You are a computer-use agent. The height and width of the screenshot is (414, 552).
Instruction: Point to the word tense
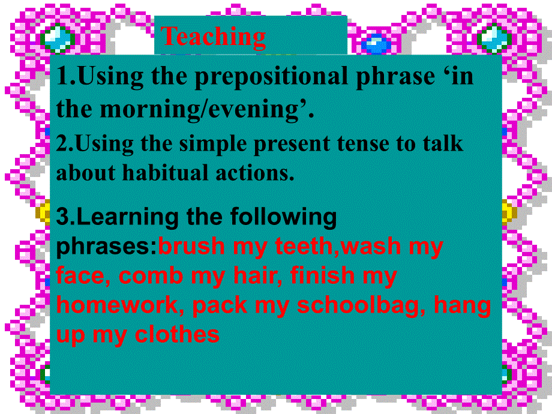pyautogui.click(x=363, y=143)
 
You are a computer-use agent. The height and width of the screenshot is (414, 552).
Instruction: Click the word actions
pyautogui.click(x=255, y=173)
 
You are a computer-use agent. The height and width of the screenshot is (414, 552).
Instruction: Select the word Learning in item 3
pyautogui.click(x=127, y=217)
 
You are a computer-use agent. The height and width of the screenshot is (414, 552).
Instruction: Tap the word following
pyautogui.click(x=283, y=217)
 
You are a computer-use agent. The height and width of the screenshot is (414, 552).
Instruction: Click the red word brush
pyautogui.click(x=191, y=246)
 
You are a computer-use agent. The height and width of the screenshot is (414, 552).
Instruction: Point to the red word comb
pyautogui.click(x=151, y=275)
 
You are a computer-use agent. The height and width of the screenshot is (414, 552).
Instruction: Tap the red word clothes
pyautogui.click(x=177, y=334)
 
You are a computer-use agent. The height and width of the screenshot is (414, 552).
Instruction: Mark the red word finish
pyautogui.click(x=322, y=275)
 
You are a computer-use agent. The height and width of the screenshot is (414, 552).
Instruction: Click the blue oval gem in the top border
pyautogui.click(x=376, y=44)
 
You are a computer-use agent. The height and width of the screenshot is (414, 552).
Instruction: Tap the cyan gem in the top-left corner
pyautogui.click(x=58, y=38)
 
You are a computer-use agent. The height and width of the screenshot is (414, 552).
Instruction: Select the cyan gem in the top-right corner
pyautogui.click(x=494, y=38)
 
